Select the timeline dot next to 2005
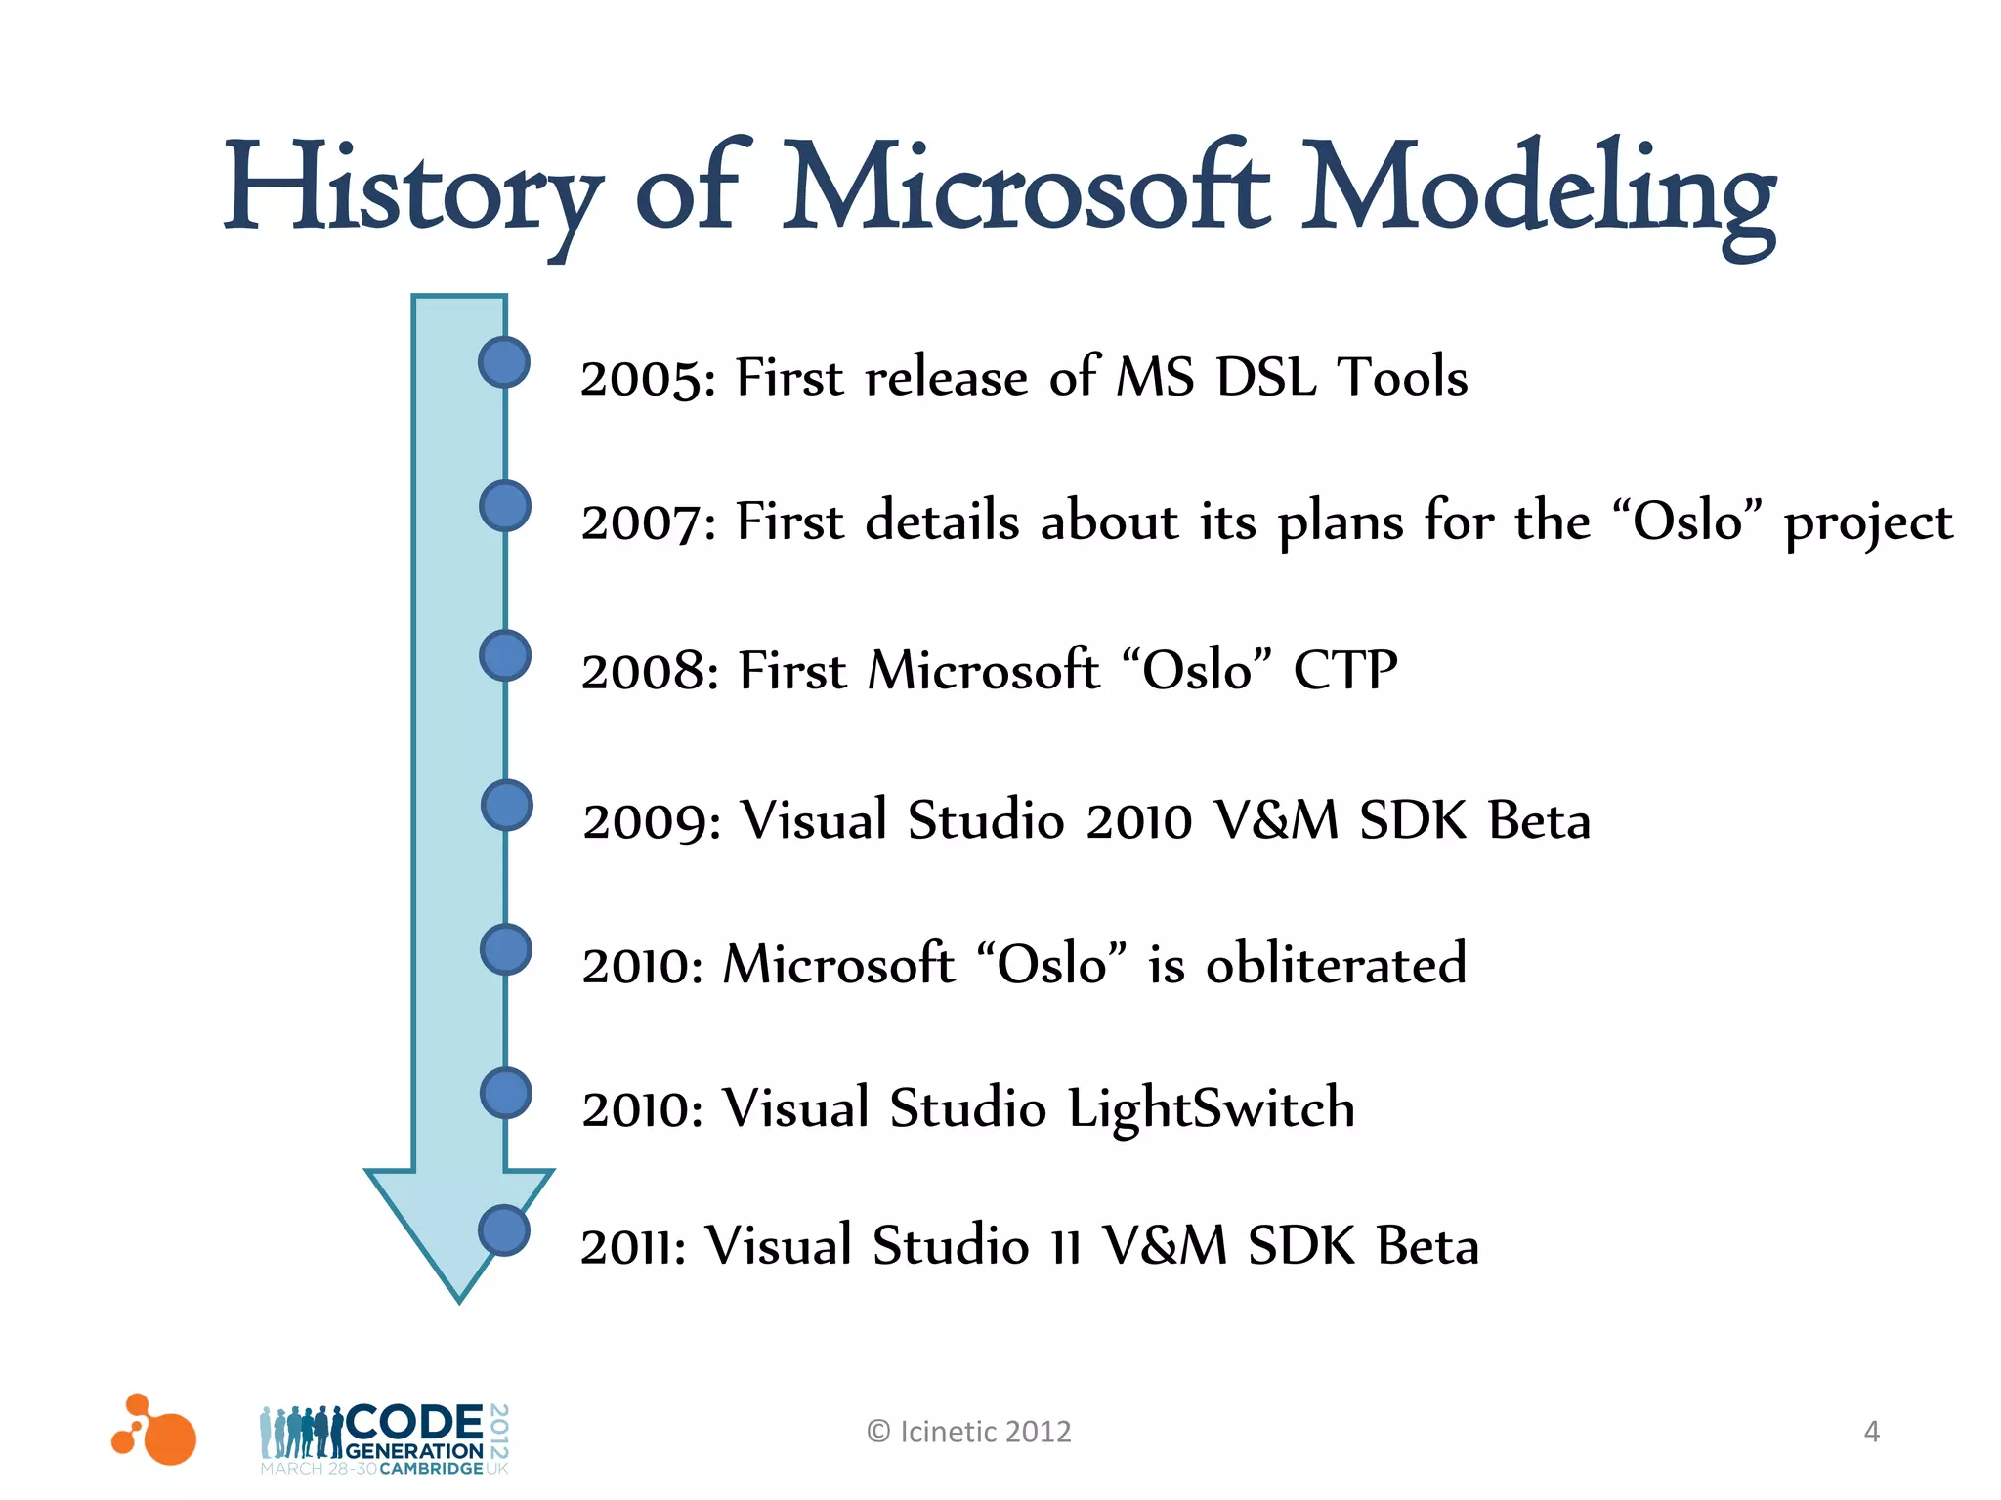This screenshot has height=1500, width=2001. tap(504, 362)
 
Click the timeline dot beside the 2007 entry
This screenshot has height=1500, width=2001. tap(505, 506)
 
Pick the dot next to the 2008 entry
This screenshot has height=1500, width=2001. tap(505, 655)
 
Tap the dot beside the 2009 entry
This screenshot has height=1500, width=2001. tap(507, 806)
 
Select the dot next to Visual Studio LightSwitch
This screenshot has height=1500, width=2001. tap(506, 1093)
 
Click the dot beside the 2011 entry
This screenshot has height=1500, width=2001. tap(504, 1230)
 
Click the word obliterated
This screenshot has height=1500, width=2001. tap(1336, 964)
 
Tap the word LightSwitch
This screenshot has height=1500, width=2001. tap(1211, 1109)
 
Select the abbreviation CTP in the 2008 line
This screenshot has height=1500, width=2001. tap(1345, 671)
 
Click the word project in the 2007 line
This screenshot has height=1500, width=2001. tap(1868, 523)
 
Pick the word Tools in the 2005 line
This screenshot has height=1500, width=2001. tap(1402, 378)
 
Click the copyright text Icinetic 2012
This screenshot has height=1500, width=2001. tap(969, 1432)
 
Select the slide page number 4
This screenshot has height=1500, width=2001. tap(1871, 1432)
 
